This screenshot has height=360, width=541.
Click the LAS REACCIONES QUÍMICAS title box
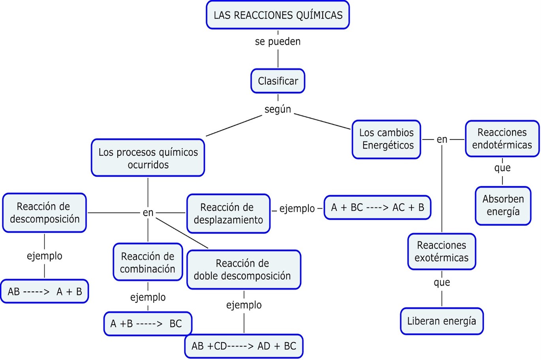click(278, 15)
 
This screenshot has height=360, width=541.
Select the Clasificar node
click(278, 81)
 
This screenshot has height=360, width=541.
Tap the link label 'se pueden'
click(278, 41)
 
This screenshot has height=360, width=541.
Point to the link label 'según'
click(278, 109)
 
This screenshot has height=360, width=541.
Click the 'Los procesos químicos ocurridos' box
click(148, 158)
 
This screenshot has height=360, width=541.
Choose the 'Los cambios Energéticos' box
click(387, 139)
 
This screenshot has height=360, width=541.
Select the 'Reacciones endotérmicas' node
click(502, 139)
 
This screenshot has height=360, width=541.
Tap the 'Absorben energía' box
click(503, 205)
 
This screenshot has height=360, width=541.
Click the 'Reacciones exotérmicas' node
click(441, 252)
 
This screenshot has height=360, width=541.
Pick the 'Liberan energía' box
click(441, 321)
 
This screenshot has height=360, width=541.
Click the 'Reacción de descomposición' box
click(44, 213)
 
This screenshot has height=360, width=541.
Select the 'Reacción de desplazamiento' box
click(228, 213)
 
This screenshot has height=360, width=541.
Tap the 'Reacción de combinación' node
click(148, 262)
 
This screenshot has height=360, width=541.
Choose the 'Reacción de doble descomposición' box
click(243, 270)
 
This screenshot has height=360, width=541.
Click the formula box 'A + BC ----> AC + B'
click(377, 207)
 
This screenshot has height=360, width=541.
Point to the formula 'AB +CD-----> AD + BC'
click(244, 346)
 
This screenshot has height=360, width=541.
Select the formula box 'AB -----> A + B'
click(45, 292)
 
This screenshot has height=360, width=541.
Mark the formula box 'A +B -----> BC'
click(148, 324)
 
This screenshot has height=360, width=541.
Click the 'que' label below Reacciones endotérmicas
click(502, 168)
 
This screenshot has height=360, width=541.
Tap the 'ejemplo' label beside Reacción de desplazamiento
click(297, 208)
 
